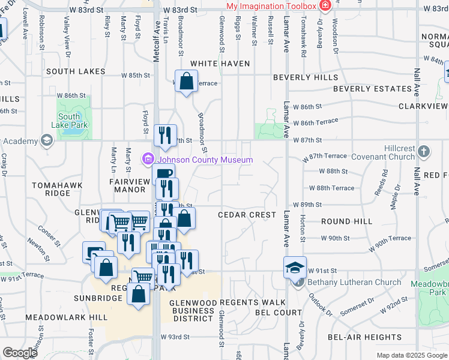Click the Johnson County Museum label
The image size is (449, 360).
pos(205,160)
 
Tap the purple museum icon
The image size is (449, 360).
pos(148,159)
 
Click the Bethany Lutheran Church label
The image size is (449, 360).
pos(354,282)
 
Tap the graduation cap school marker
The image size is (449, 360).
pos(295,266)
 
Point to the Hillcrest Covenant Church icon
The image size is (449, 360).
pos(424,151)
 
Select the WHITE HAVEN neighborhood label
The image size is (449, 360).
pos(215,64)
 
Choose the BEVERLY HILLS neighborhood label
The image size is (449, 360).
pos(305,77)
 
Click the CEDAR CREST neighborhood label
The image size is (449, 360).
pos(247,215)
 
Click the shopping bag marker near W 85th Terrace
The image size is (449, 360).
pos(186,80)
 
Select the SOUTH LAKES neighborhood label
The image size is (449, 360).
pos(76,71)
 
